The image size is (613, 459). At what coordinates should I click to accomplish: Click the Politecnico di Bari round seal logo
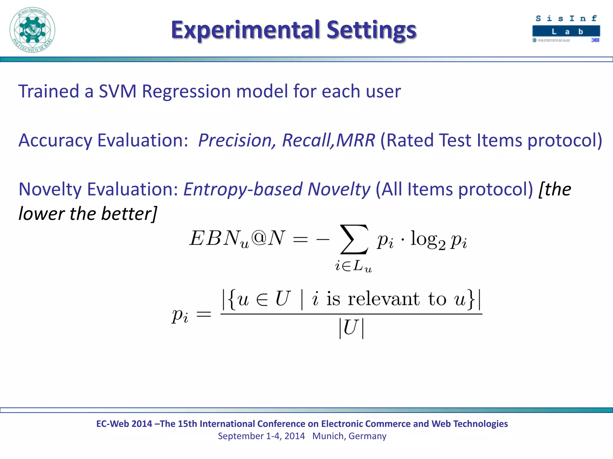coord(32,30)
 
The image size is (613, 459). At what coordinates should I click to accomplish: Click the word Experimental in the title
coord(245,30)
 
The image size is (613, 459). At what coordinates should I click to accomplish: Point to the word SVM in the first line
coord(117,91)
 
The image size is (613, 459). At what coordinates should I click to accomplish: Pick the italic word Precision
coord(235,140)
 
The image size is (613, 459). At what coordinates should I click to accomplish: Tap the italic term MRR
coord(356,140)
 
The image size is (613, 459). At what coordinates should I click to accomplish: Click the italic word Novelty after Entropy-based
coord(339,189)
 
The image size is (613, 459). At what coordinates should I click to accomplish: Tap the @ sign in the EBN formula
coord(259,238)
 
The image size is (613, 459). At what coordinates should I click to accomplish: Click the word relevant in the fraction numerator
coord(383,299)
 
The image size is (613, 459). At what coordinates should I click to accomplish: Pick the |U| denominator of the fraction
coord(351,328)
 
